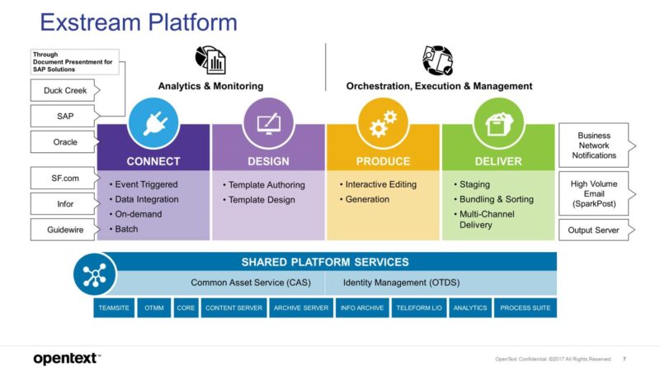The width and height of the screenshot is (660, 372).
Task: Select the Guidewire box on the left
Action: (59, 229)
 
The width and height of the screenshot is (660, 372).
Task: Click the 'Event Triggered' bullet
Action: (147, 184)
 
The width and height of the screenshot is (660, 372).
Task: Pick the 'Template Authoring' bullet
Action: (266, 184)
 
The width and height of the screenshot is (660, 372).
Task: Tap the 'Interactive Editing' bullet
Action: (380, 184)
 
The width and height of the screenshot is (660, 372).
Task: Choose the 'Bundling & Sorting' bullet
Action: (496, 199)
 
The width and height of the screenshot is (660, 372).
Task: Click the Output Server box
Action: (593, 230)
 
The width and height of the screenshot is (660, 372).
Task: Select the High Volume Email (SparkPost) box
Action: (593, 192)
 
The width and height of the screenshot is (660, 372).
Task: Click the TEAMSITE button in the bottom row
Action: (114, 308)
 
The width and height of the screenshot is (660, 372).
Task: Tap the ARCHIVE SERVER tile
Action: (300, 308)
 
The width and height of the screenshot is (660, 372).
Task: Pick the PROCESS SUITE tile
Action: (526, 308)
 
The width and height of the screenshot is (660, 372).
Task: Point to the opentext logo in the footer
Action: (66, 358)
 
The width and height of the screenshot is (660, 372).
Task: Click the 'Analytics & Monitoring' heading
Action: (210, 86)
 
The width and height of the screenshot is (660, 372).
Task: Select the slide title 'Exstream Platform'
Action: (138, 21)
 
